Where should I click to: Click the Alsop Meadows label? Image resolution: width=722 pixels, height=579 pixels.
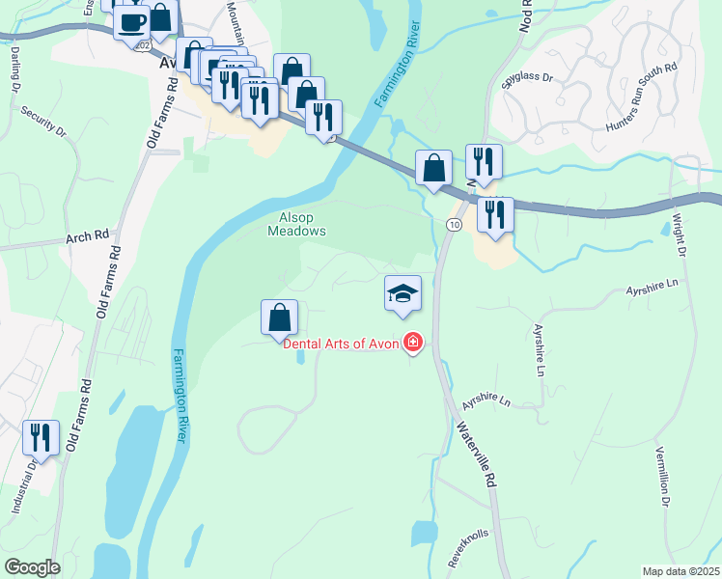296,224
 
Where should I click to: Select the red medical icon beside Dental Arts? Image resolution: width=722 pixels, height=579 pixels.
413,343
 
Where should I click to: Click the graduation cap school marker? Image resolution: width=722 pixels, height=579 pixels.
403,293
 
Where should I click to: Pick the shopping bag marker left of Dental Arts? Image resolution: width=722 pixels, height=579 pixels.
279,318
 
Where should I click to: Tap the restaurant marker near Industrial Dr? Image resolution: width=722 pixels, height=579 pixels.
41,438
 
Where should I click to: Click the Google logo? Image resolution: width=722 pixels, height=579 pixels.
32,567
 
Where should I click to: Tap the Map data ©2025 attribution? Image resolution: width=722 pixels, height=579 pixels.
680,571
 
